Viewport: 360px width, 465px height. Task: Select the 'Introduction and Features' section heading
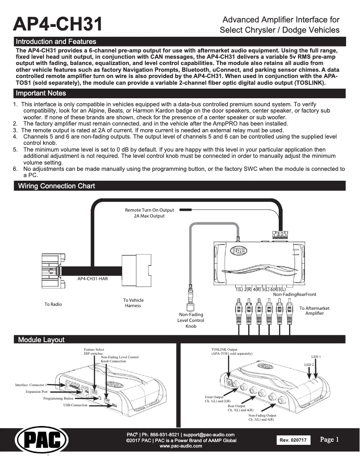click(x=56, y=42)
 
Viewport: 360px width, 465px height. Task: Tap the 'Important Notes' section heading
click(x=41, y=93)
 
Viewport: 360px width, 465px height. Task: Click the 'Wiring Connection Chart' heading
click(x=56, y=186)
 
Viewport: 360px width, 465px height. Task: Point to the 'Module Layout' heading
click(x=41, y=340)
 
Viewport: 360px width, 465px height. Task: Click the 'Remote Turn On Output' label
click(x=149, y=210)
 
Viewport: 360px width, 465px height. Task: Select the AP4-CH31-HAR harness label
click(x=92, y=278)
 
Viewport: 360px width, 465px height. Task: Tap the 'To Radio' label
click(x=53, y=304)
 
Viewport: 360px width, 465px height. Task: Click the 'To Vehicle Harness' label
click(x=133, y=303)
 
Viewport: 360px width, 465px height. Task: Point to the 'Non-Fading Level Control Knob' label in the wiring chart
click(x=191, y=320)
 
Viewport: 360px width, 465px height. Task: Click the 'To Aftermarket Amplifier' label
click(x=314, y=311)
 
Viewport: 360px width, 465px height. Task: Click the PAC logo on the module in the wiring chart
click(x=238, y=251)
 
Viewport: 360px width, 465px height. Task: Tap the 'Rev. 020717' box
click(x=293, y=441)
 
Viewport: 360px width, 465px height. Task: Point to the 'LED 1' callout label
click(x=316, y=356)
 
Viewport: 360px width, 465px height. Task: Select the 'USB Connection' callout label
click(x=75, y=405)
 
